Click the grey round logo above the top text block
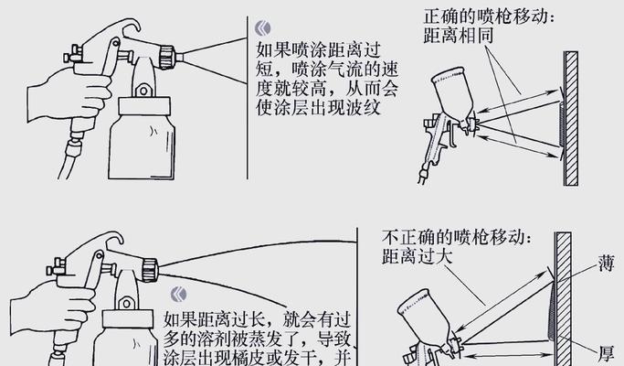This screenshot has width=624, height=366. (262, 27)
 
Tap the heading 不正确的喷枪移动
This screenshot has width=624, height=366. (454, 236)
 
